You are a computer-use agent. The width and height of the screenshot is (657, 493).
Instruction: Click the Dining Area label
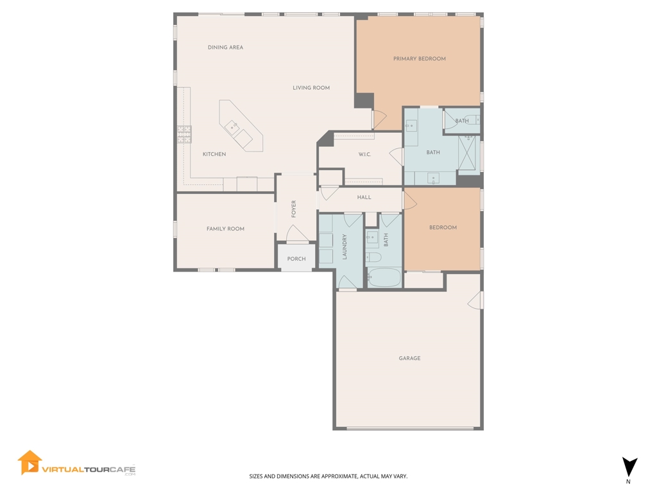pos(225,48)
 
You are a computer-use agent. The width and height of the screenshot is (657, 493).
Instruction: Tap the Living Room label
pos(311,87)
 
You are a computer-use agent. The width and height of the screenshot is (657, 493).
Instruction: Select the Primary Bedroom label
pos(420,58)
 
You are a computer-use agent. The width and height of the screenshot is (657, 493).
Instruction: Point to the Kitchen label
pos(214,154)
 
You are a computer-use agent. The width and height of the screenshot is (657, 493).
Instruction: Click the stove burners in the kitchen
pos(184,135)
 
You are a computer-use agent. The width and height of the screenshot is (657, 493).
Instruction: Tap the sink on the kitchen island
pos(232,126)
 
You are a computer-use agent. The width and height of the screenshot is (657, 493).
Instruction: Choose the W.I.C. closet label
pos(364,154)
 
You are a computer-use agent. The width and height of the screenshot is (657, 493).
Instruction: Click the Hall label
pos(364,197)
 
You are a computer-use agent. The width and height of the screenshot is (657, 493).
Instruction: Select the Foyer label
pos(294,209)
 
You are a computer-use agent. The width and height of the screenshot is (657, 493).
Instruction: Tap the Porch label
pos(296,259)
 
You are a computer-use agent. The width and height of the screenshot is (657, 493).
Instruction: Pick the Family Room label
pos(225,229)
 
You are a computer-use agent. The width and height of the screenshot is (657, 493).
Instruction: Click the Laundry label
pos(345,247)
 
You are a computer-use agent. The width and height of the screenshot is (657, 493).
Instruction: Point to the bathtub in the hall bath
pos(384,277)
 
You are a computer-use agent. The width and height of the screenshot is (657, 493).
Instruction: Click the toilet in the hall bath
pos(373,257)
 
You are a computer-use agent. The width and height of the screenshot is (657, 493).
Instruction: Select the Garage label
pos(409,358)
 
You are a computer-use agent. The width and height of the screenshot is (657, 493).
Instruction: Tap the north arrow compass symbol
pos(629,467)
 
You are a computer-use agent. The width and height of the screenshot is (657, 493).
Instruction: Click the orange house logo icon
pos(30,463)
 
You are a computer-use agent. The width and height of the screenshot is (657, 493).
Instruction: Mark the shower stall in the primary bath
pos(469,152)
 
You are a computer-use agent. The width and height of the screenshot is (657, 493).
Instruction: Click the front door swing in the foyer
pos(296,234)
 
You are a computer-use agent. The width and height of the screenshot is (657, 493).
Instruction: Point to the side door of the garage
pos(475,300)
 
